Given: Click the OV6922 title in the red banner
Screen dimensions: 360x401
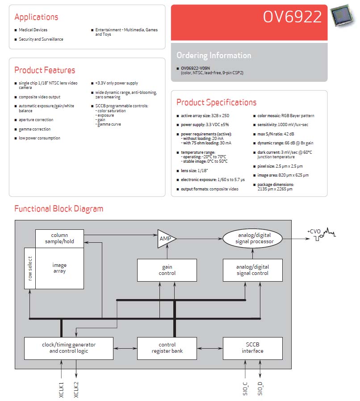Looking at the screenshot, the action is click(x=292, y=17).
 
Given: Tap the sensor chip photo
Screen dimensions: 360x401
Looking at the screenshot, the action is click(x=343, y=15).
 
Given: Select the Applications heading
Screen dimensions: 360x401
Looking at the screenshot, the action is click(x=36, y=17).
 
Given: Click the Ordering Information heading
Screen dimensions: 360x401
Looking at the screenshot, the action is click(x=214, y=55).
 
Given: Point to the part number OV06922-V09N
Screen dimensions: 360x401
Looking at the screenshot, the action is click(x=196, y=68).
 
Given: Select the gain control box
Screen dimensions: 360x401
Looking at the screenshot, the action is click(x=167, y=270).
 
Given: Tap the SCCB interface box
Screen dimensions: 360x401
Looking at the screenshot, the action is click(x=253, y=348).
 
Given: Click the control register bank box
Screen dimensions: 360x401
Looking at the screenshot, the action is click(x=167, y=348).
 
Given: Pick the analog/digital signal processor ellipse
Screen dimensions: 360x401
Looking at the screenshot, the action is click(x=253, y=238).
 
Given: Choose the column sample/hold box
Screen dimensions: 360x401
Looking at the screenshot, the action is click(x=59, y=238).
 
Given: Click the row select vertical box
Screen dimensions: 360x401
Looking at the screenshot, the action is click(x=30, y=268).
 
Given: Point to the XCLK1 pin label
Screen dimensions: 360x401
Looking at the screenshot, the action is click(x=61, y=390).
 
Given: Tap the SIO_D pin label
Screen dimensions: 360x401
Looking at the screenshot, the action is click(x=260, y=389).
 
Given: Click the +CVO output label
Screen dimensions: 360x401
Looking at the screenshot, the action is click(x=314, y=232).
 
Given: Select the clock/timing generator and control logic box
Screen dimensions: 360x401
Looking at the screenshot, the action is click(x=69, y=348).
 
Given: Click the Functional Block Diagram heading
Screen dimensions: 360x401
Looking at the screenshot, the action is click(x=59, y=209).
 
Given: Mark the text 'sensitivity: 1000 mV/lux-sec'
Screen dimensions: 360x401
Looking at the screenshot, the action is click(x=283, y=125).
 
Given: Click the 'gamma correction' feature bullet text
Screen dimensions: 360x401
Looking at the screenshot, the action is click(x=35, y=129).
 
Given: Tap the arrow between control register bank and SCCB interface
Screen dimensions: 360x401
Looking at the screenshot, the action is click(x=210, y=348).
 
